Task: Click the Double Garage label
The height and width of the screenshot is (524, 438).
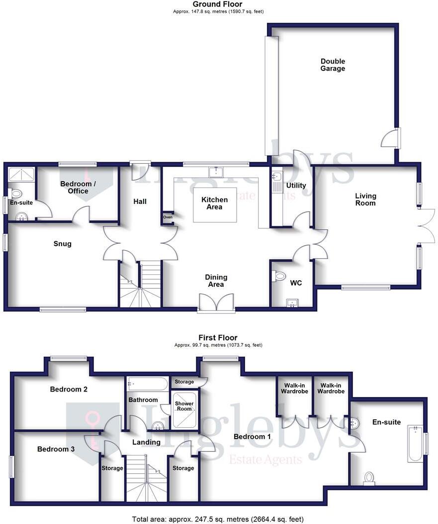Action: [333, 65]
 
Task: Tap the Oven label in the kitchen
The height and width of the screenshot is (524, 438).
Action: [168, 217]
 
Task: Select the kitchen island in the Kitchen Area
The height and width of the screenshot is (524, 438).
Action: [214, 204]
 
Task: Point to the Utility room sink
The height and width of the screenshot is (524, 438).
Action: [277, 176]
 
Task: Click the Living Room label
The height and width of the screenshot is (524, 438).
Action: [365, 199]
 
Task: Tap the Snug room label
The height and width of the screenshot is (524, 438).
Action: [63, 244]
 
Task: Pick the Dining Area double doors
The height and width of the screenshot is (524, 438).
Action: [216, 303]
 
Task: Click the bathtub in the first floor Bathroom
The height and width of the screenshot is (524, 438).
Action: [148, 384]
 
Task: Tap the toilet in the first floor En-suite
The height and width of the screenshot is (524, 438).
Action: [369, 477]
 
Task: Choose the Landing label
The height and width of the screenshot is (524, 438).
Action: [147, 442]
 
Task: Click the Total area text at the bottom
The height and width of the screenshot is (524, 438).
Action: [218, 519]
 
